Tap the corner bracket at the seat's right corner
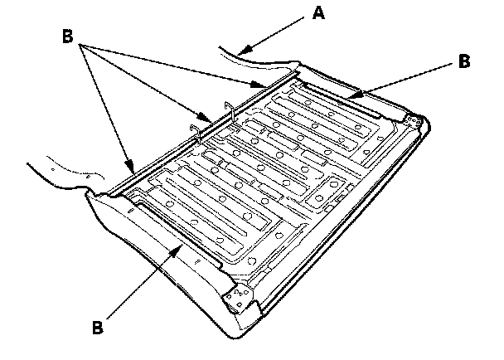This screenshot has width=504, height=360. (414, 121)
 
